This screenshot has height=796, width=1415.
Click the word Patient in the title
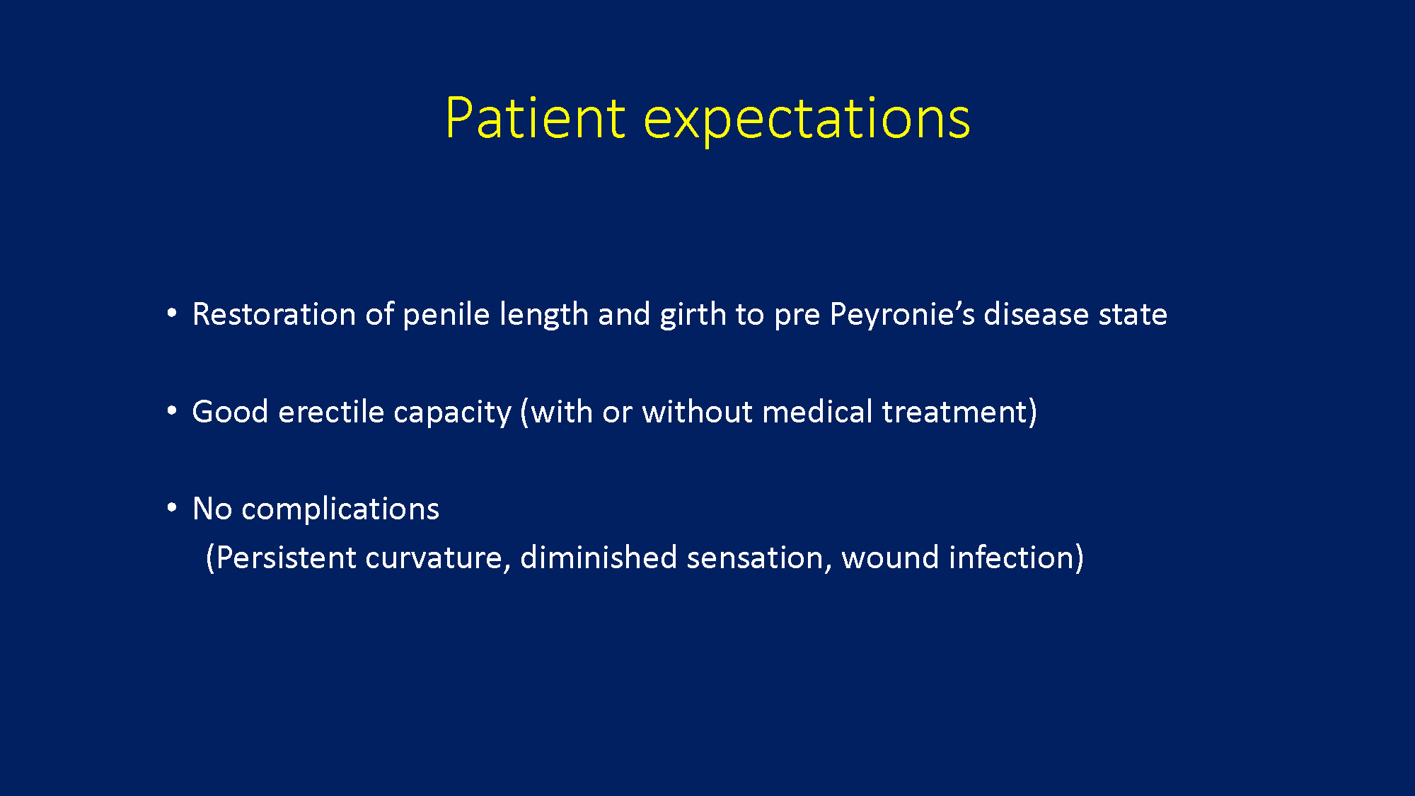click(x=536, y=117)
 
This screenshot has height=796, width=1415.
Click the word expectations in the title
click(x=807, y=120)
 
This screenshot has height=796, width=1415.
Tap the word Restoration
click(x=274, y=314)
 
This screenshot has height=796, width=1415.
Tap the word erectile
click(x=330, y=412)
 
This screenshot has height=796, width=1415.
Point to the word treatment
click(x=955, y=413)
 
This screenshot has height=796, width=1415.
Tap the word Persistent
click(x=286, y=558)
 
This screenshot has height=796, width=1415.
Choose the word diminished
click(x=599, y=558)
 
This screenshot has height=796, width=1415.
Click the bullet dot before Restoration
click(x=172, y=313)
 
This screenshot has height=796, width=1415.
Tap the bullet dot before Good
click(x=172, y=410)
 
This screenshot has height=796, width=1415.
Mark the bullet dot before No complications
click(x=172, y=507)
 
